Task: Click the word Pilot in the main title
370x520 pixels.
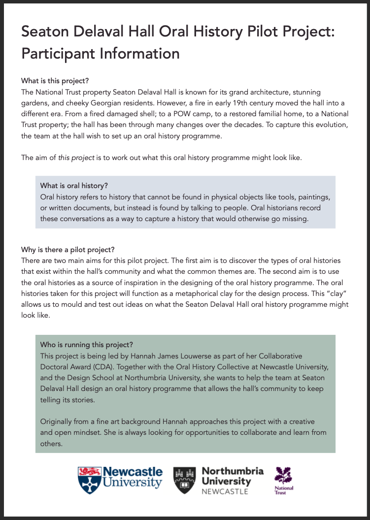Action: tap(234, 32)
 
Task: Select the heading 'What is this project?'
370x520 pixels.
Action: tap(55, 80)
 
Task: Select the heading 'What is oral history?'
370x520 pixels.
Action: tap(74, 186)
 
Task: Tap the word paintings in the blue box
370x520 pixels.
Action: tap(313, 197)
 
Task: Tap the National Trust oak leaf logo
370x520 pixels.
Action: tap(283, 476)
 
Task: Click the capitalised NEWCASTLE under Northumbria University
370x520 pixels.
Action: tap(225, 491)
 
